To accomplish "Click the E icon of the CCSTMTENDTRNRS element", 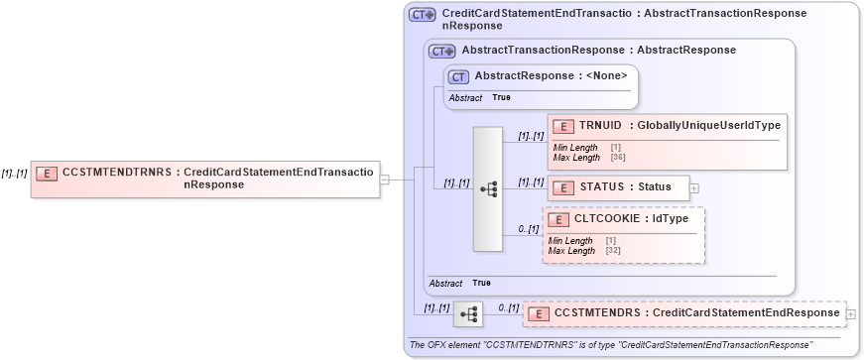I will [47, 173].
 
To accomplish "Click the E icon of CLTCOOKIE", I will [557, 219].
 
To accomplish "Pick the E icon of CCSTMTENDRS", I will [539, 314].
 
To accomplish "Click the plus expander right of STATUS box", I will [694, 186].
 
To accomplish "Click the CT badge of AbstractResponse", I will [458, 75].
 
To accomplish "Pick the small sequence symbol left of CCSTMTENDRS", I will [469, 314].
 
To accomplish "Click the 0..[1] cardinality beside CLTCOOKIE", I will [528, 229].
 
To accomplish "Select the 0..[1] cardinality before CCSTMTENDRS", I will [508, 307].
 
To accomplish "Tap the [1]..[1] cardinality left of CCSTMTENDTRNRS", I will [14, 173].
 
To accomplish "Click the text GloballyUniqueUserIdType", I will [709, 125].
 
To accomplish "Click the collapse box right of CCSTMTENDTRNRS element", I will [385, 180].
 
